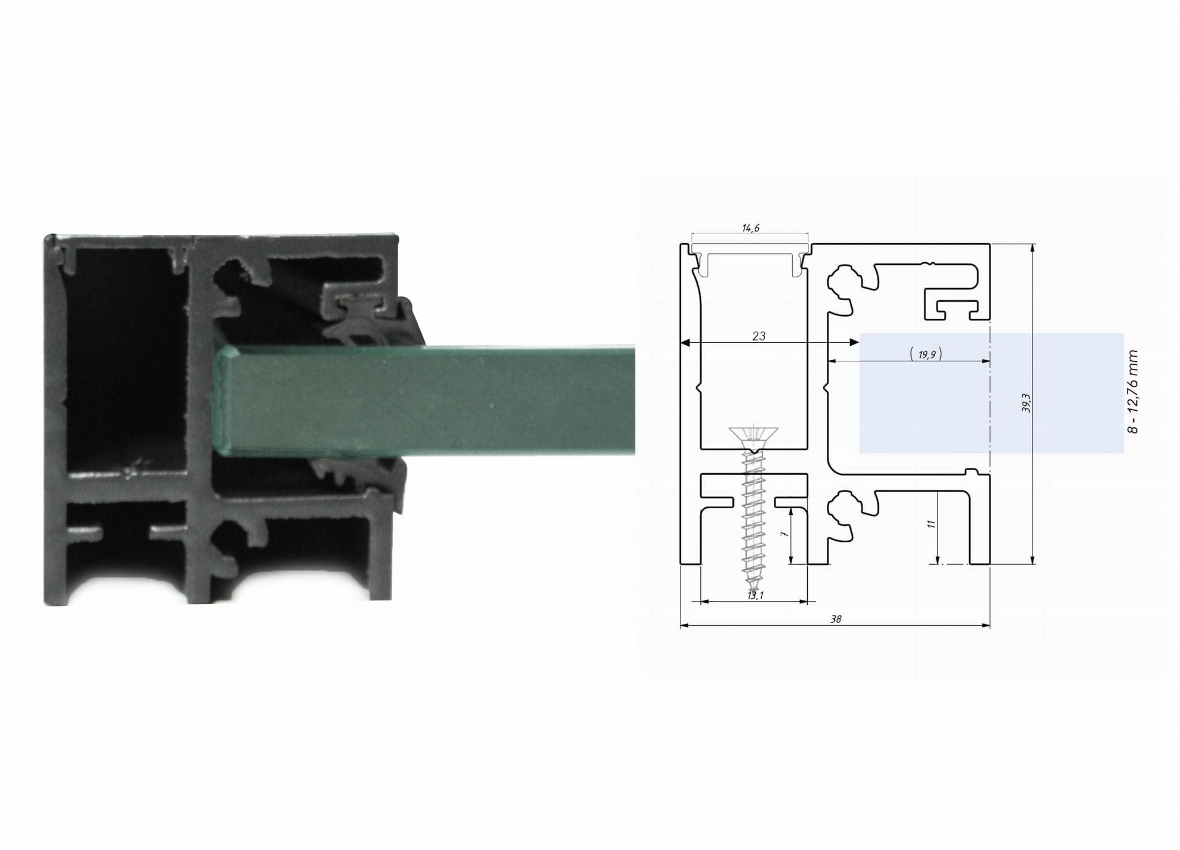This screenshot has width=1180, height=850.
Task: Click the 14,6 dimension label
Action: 750,228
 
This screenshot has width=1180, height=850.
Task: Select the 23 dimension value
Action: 759,336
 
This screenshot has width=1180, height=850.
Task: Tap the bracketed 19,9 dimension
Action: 926,354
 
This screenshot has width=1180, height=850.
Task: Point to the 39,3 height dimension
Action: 1025,403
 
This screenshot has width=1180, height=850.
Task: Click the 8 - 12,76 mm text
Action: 1133,391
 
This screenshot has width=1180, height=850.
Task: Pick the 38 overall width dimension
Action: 835,619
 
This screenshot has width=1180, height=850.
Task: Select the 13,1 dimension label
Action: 755,595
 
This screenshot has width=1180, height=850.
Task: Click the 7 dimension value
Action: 784,534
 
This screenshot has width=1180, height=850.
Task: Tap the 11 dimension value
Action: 931,524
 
